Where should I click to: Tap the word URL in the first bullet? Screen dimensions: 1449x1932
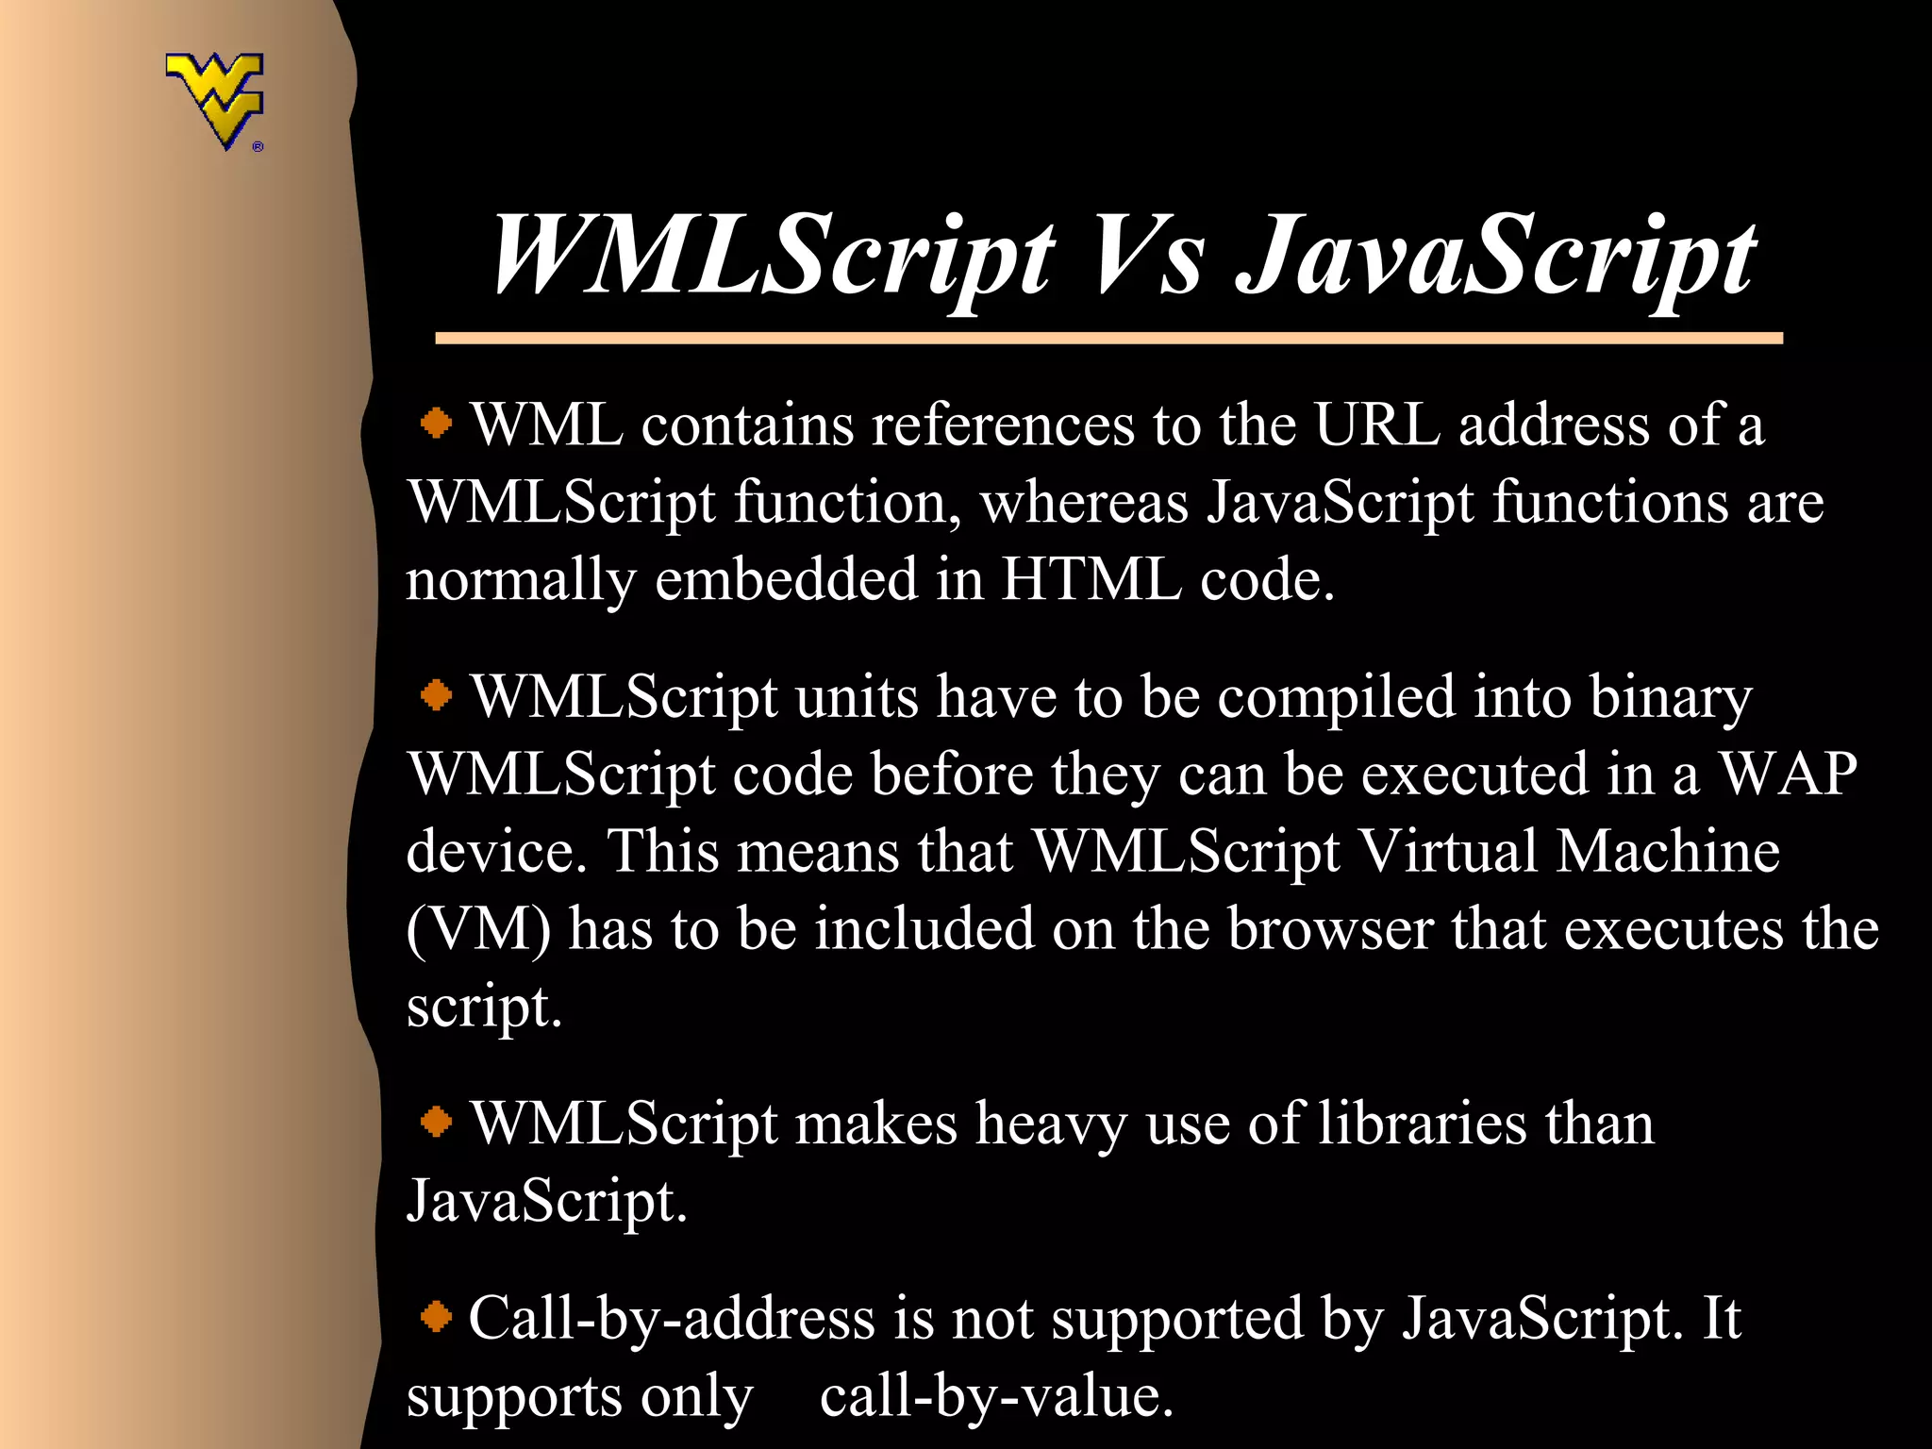pyautogui.click(x=1376, y=425)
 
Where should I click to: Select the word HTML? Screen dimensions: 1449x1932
pyautogui.click(x=1091, y=578)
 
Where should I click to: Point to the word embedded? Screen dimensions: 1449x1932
pyautogui.click(x=786, y=578)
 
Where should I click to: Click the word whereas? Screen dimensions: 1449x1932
pyautogui.click(x=1084, y=502)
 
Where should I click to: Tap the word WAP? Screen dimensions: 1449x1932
pyautogui.click(x=1787, y=774)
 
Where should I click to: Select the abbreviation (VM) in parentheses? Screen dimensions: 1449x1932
pyautogui.click(x=478, y=930)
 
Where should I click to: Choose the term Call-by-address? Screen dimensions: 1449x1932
pyautogui.click(x=672, y=1318)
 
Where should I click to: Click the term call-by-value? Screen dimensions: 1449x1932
pyautogui.click(x=996, y=1396)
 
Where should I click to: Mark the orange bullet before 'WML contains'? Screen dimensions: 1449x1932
pyautogui.click(x=436, y=424)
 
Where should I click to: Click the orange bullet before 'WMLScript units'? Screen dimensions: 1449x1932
pyautogui.click(x=436, y=696)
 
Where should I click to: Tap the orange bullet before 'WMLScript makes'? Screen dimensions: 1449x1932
pyautogui.click(x=436, y=1123)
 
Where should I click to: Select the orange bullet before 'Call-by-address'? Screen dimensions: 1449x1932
pyautogui.click(x=436, y=1316)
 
